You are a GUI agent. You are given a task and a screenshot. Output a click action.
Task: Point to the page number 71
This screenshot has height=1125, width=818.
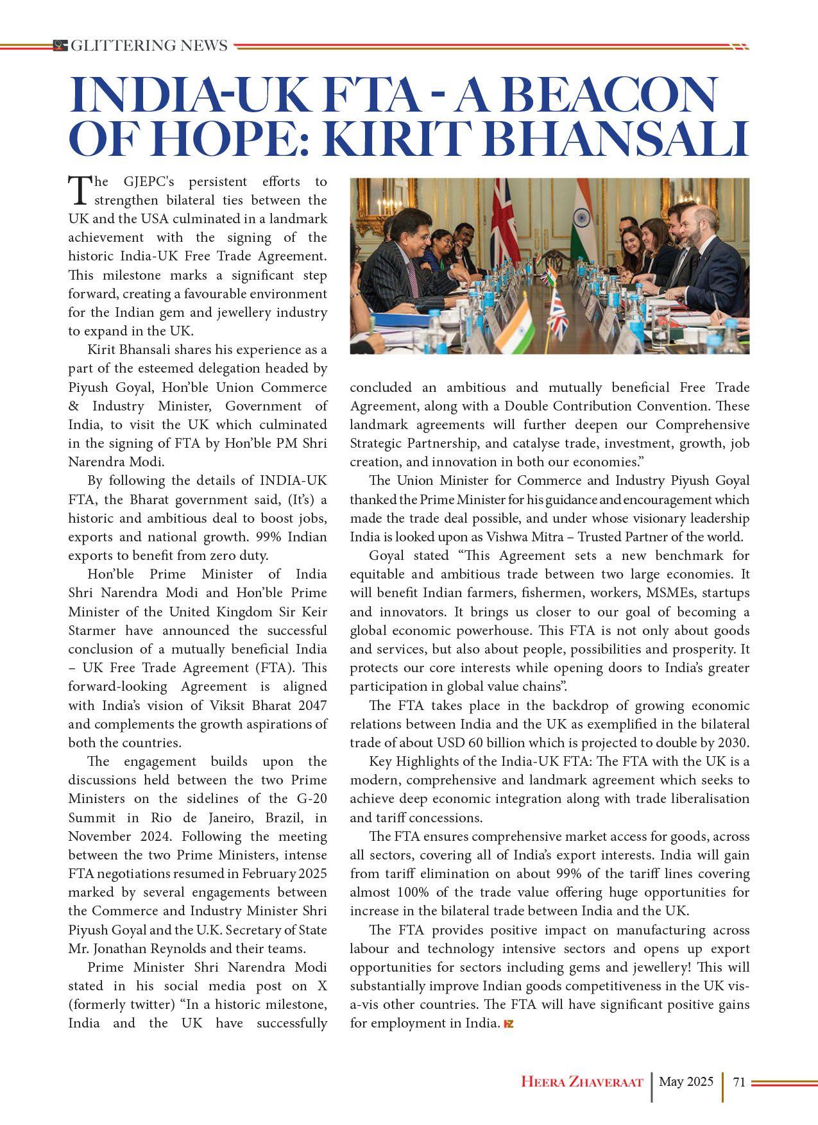(x=738, y=1081)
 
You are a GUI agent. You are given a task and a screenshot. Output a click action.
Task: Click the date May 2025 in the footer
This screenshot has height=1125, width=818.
(x=686, y=1081)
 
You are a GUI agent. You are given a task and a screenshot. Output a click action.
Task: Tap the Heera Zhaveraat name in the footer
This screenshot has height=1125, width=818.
(x=582, y=1082)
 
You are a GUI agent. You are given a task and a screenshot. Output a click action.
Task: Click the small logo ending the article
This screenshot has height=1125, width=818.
(x=509, y=1024)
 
